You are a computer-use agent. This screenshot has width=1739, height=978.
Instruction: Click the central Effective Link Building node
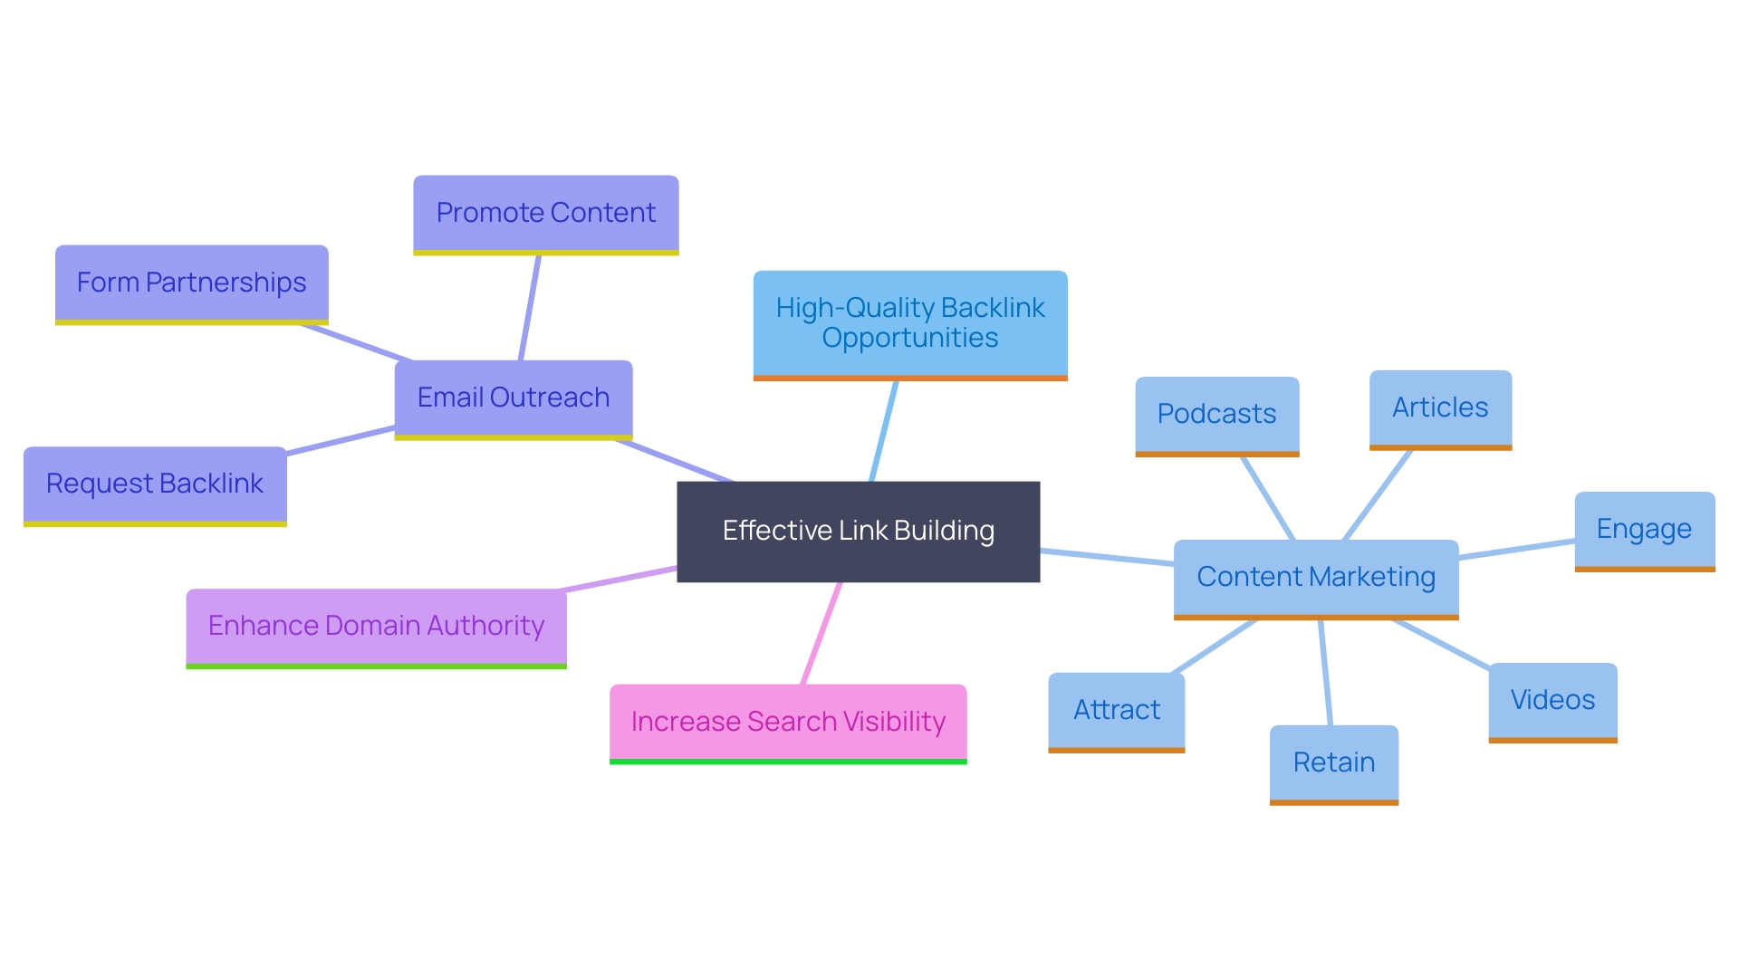(858, 531)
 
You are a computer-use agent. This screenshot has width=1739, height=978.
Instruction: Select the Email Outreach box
(513, 398)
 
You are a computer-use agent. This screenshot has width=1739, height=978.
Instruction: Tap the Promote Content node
(545, 213)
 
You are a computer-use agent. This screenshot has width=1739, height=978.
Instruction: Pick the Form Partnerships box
(191, 283)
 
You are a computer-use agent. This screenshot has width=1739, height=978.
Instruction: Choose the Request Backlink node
(155, 484)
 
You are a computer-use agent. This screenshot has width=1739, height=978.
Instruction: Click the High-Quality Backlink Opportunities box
(909, 323)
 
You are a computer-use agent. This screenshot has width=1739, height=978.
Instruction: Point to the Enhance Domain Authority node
(376, 626)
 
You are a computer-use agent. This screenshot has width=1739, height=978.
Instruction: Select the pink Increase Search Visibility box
(788, 722)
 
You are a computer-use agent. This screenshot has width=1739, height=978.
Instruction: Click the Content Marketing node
(1315, 577)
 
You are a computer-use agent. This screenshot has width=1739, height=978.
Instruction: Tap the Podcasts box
(1216, 414)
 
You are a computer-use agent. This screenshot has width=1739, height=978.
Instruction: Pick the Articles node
(1440, 407)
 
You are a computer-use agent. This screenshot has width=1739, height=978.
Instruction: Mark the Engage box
(1644, 529)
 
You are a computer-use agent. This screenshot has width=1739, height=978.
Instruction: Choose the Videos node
(1552, 700)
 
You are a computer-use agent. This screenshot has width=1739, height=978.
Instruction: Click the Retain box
(1333, 762)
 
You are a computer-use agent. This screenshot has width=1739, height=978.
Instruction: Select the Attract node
(1116, 710)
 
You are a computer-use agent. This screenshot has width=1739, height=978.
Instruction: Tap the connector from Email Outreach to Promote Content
(530, 308)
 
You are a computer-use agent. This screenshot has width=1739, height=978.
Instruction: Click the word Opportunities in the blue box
(909, 339)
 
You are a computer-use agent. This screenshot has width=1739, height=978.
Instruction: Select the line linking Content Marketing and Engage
(1517, 550)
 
